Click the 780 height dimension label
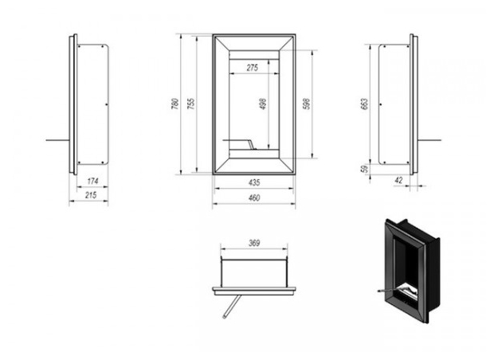click(x=175, y=104)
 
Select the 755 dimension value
click(x=191, y=104)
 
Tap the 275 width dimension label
click(x=253, y=68)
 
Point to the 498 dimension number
click(x=263, y=104)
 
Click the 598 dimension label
click(x=306, y=104)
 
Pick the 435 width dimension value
click(x=254, y=182)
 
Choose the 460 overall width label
click(x=254, y=198)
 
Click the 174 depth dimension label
click(x=92, y=181)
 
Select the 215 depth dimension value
click(x=91, y=195)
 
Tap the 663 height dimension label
click(x=363, y=104)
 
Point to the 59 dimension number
click(x=364, y=169)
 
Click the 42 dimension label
click(x=398, y=180)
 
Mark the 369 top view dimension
click(x=254, y=243)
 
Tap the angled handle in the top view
click(x=232, y=307)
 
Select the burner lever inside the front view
click(x=240, y=143)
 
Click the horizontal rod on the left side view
click(x=57, y=140)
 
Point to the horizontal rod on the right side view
click(x=429, y=140)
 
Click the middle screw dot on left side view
click(x=106, y=104)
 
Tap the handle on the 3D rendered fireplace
click(x=386, y=291)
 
